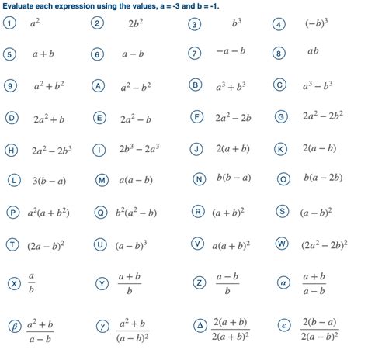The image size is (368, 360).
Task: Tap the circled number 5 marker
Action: click(x=10, y=54)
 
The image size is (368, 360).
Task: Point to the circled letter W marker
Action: click(x=282, y=244)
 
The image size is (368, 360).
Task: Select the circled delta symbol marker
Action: click(x=197, y=326)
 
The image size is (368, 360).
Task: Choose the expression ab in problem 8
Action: click(x=313, y=52)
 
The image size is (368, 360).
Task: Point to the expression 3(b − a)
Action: click(x=49, y=180)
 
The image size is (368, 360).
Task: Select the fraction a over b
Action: click(x=32, y=283)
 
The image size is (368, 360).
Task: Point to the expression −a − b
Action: click(x=231, y=54)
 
